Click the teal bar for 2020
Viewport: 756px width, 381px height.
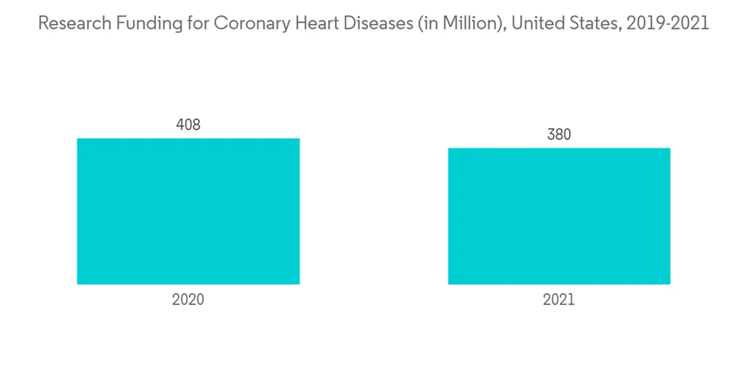[x=188, y=211]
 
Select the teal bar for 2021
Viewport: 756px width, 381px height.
[x=559, y=216]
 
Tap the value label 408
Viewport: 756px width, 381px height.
[x=188, y=125]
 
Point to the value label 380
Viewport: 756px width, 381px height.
[x=559, y=135]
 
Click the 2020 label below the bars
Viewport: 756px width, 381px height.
[x=188, y=299]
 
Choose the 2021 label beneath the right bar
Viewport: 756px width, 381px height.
[x=559, y=299]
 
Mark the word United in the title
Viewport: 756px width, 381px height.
[x=534, y=23]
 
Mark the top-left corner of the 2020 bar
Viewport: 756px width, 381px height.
[x=77, y=138]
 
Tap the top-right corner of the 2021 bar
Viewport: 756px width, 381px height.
[x=670, y=148]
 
